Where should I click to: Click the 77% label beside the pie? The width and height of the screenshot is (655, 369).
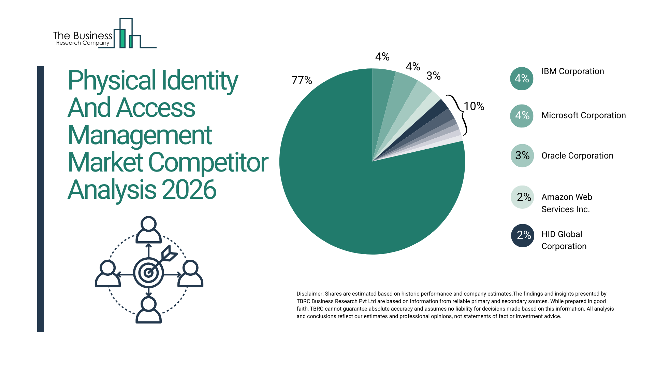[x=302, y=80]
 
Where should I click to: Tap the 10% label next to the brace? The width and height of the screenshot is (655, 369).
[x=474, y=106]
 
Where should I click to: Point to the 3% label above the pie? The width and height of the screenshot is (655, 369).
[x=433, y=76]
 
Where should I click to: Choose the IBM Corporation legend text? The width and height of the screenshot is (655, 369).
[x=572, y=71]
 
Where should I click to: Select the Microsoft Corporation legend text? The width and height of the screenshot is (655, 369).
[x=583, y=115]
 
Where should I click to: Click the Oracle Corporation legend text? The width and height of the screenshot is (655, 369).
[x=577, y=156]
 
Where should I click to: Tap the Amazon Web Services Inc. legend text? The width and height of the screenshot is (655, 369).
[x=567, y=203]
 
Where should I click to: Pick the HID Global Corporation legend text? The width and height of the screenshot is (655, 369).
[x=564, y=240]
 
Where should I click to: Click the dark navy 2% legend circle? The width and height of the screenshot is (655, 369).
[x=522, y=235]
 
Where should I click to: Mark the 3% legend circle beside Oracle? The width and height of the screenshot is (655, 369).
[x=522, y=156]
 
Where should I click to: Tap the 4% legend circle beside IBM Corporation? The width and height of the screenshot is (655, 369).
[x=522, y=79]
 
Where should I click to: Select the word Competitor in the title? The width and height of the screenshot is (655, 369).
[x=208, y=163]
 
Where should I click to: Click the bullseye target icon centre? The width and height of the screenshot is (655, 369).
[x=148, y=273]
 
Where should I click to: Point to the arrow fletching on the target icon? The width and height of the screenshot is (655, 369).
[x=169, y=254]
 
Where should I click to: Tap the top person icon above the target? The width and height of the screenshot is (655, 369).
[x=148, y=230]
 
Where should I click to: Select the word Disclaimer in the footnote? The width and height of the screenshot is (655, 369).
[x=309, y=294]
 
